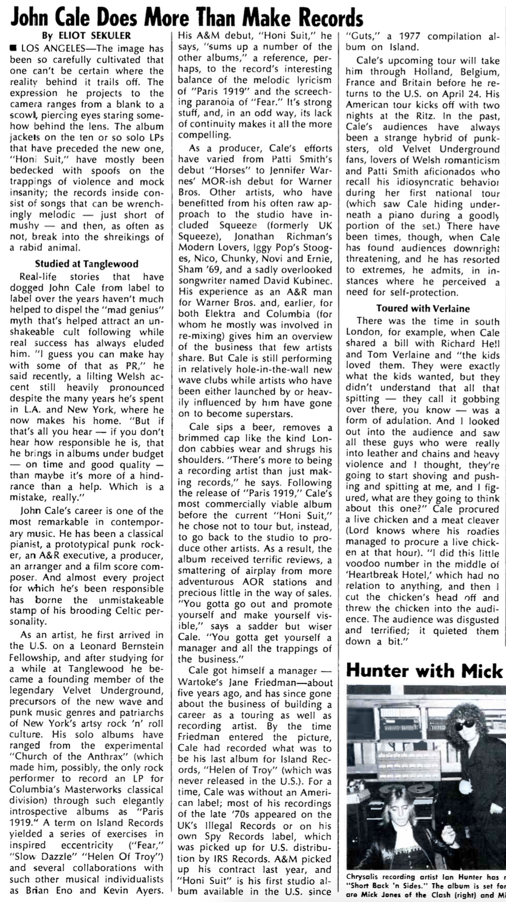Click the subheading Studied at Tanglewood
(x=87, y=263)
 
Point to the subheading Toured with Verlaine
(x=423, y=308)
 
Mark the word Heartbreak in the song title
(x=374, y=575)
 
